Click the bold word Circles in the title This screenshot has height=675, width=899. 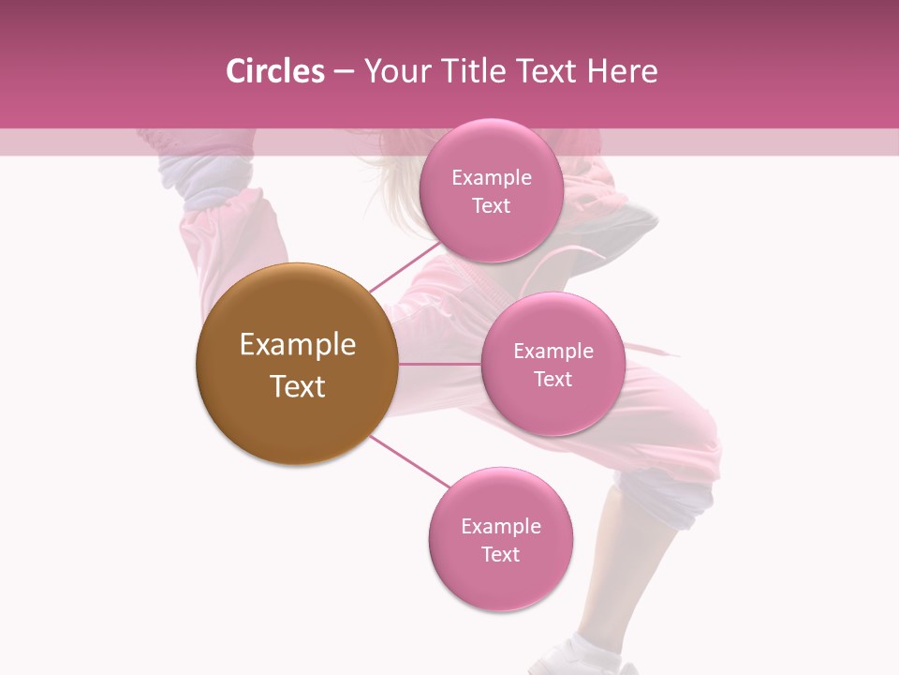275,71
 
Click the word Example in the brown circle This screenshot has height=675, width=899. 298,345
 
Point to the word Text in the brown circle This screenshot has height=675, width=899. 298,386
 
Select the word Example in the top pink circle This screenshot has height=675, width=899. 492,178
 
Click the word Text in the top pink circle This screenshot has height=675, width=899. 491,206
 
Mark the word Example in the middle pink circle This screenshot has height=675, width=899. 553,352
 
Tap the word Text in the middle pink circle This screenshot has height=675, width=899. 553,380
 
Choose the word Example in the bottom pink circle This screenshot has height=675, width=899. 501,527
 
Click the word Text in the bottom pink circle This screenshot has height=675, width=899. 500,555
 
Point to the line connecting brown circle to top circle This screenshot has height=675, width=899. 405,266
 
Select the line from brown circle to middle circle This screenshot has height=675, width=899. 439,364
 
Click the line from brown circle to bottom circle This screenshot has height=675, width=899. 408,460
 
